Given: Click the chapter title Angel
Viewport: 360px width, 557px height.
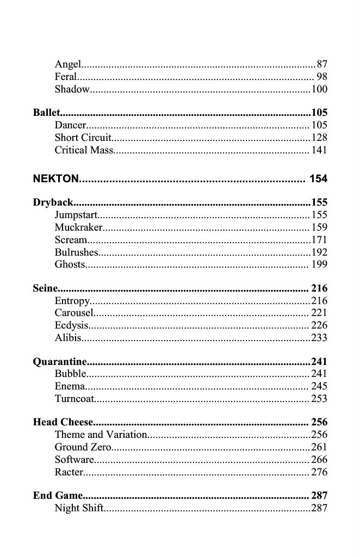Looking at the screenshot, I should [x=68, y=65].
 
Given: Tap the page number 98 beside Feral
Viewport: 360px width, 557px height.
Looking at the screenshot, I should [x=321, y=77].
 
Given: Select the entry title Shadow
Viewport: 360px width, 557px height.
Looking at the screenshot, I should [x=72, y=90].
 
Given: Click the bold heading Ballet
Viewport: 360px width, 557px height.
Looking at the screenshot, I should [x=46, y=113].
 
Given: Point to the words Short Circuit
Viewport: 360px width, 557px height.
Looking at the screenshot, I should [x=83, y=138].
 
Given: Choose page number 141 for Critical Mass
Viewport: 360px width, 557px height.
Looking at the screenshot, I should [x=319, y=150].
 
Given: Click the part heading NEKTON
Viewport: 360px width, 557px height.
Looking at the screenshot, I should [x=56, y=179].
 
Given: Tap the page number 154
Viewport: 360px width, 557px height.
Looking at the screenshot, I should [x=318, y=179].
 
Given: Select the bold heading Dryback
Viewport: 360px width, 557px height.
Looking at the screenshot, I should [x=53, y=203].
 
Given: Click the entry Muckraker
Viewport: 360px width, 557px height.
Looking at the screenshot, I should [x=78, y=228].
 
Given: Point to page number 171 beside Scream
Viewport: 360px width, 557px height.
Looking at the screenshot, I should [x=319, y=240].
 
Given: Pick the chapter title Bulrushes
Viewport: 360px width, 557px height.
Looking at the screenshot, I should [x=76, y=252].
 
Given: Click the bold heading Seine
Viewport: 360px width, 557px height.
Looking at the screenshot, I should [x=45, y=289].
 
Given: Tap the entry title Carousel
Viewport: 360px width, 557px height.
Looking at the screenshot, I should [x=74, y=313].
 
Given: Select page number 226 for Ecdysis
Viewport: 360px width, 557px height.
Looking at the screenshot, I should [x=319, y=325].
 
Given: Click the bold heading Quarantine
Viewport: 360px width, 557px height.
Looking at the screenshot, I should [x=60, y=362].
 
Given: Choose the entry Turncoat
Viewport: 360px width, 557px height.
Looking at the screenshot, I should [x=75, y=399].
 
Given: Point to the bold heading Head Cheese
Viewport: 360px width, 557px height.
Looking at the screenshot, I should [x=63, y=423].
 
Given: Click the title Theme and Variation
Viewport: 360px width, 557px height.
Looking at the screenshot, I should [x=101, y=435].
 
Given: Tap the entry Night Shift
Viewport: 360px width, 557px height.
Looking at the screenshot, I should [x=79, y=508].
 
